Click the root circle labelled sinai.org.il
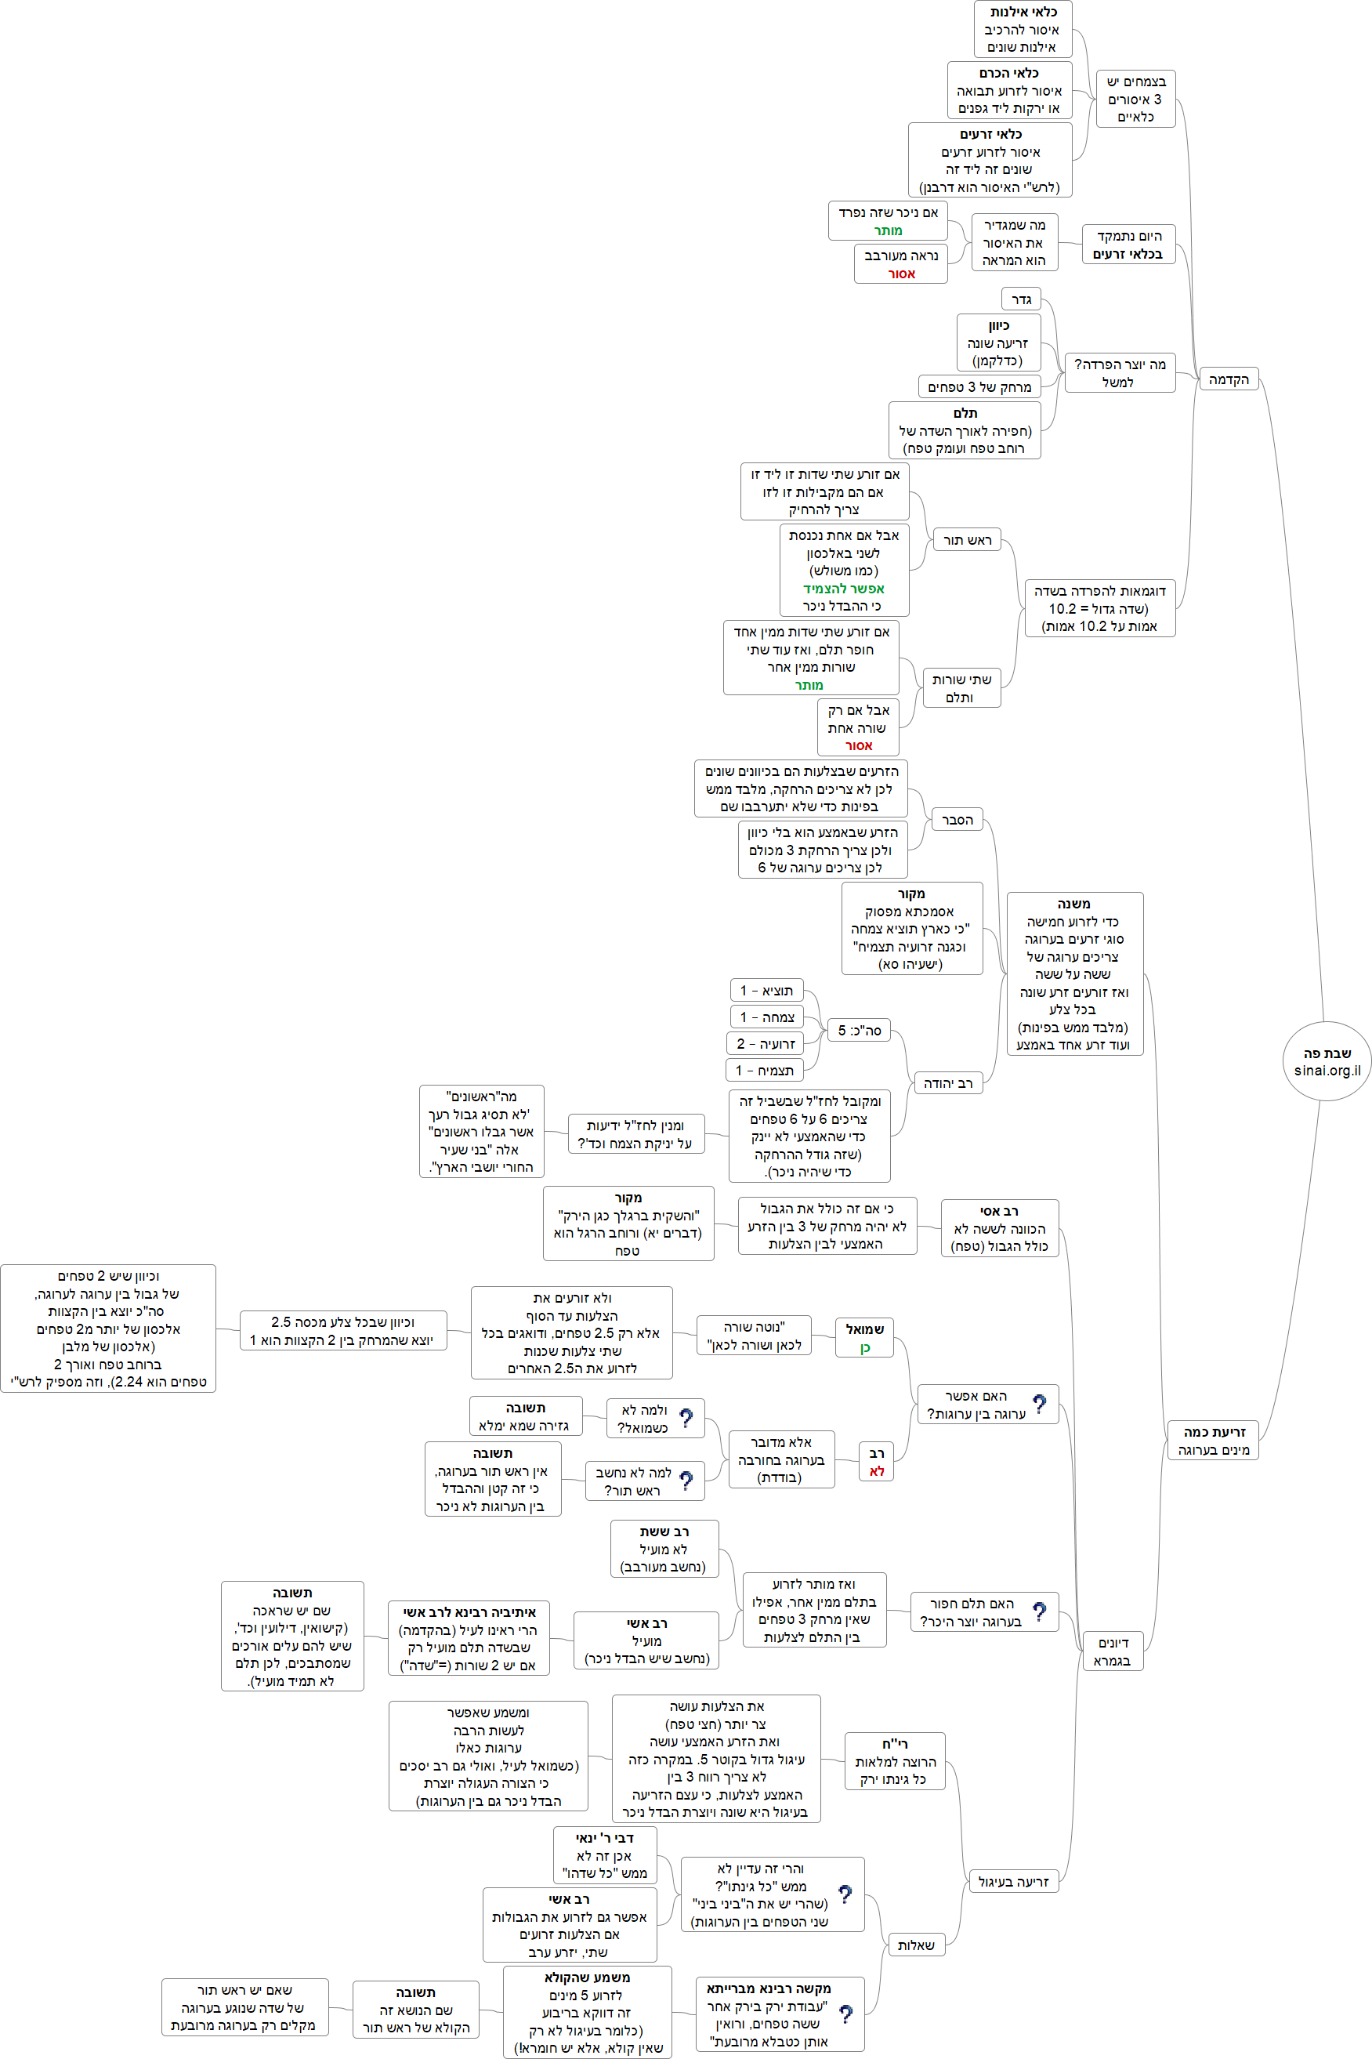click(x=1327, y=1060)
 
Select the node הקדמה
click(x=1228, y=379)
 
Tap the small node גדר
click(x=1020, y=300)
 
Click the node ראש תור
click(x=966, y=540)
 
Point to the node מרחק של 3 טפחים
click(x=979, y=386)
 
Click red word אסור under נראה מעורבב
click(x=901, y=274)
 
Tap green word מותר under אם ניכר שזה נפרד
click(x=888, y=231)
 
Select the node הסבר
click(x=957, y=820)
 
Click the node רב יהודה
click(x=947, y=1083)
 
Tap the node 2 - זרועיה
click(x=765, y=1044)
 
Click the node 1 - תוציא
click(x=766, y=991)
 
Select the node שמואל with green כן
click(x=864, y=1338)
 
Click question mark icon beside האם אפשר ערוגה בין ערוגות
click(x=1039, y=1404)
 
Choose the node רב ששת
click(x=664, y=1549)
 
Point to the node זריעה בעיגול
click(x=1012, y=1881)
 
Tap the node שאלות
click(x=915, y=1945)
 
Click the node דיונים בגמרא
click(x=1112, y=1651)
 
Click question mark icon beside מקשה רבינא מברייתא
click(x=845, y=2014)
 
